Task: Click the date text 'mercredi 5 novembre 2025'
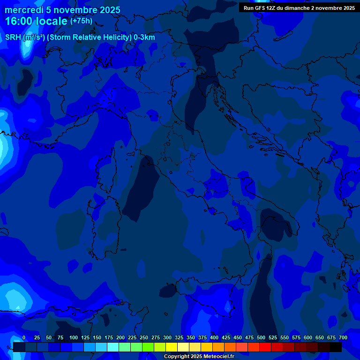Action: pos(62,10)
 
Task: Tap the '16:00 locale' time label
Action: pos(37,21)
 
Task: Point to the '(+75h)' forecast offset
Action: pos(81,21)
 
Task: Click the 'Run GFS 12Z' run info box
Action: pos(299,7)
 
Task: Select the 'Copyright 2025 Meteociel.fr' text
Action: pos(199,357)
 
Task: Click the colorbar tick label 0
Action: pos(24,337)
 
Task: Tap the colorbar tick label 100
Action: pos(74,337)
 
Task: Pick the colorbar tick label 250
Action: pos(144,337)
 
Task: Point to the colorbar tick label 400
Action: pos(214,337)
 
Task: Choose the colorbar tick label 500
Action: pos(261,337)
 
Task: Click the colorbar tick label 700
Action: pos(343,337)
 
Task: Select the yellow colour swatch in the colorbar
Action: pos(172,347)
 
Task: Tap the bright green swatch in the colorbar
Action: pos(148,347)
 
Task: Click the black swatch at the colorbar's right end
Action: pos(336,347)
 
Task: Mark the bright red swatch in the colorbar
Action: pos(265,347)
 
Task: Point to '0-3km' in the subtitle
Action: pos(144,37)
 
